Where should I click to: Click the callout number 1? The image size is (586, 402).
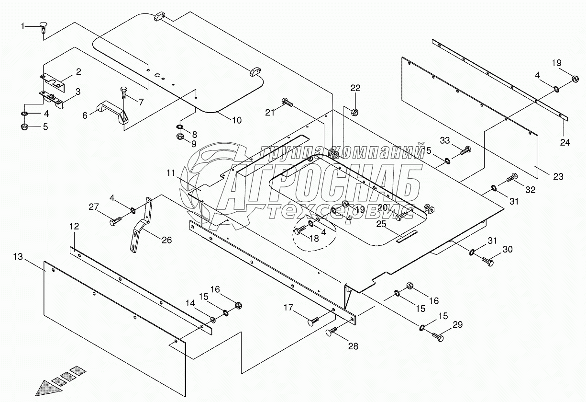pyautogui.click(x=22, y=26)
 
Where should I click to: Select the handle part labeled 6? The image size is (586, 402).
pyautogui.click(x=113, y=114)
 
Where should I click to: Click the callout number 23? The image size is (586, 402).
pyautogui.click(x=558, y=176)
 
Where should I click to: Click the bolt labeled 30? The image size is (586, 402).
pyautogui.click(x=488, y=261)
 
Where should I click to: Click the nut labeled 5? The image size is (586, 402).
pyautogui.click(x=25, y=126)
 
